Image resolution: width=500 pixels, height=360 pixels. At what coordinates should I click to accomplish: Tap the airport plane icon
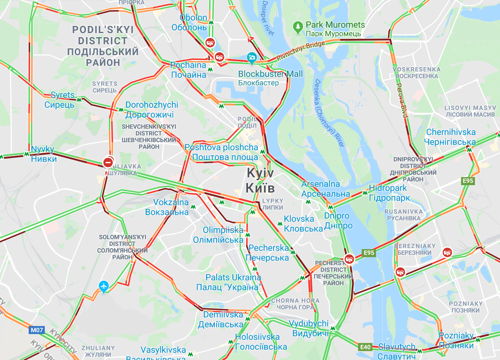click(104, 286)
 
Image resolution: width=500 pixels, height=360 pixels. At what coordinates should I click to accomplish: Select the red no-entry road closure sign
click(108, 162)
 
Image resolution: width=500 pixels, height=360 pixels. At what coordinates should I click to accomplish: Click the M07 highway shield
click(37, 330)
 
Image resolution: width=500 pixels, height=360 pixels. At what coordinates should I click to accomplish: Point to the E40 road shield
click(365, 347)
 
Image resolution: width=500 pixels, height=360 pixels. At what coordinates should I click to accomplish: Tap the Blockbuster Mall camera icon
click(252, 57)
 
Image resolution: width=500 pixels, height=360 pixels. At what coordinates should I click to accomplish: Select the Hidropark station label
click(389, 193)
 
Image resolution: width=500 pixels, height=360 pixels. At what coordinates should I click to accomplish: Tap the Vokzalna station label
click(167, 207)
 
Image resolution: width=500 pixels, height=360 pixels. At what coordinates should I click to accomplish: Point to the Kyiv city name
click(260, 181)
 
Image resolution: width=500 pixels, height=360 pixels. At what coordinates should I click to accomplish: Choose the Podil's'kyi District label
click(103, 46)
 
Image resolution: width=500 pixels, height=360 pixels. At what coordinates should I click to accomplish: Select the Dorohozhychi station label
click(152, 110)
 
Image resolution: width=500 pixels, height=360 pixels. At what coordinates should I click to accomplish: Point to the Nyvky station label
click(43, 154)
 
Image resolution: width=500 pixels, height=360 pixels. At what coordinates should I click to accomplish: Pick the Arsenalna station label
click(326, 189)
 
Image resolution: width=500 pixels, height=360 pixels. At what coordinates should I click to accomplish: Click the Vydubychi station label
click(308, 328)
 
